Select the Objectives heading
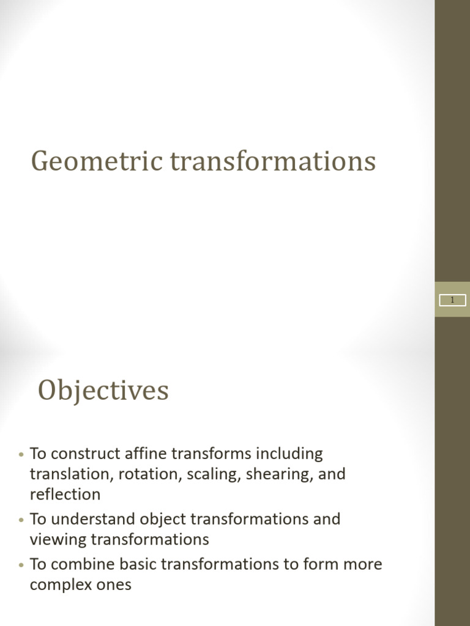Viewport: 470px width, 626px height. click(103, 391)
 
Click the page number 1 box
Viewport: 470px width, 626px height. click(453, 300)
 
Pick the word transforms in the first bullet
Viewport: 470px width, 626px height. click(211, 454)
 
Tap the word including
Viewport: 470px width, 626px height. click(289, 454)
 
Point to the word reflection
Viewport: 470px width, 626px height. click(65, 494)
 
